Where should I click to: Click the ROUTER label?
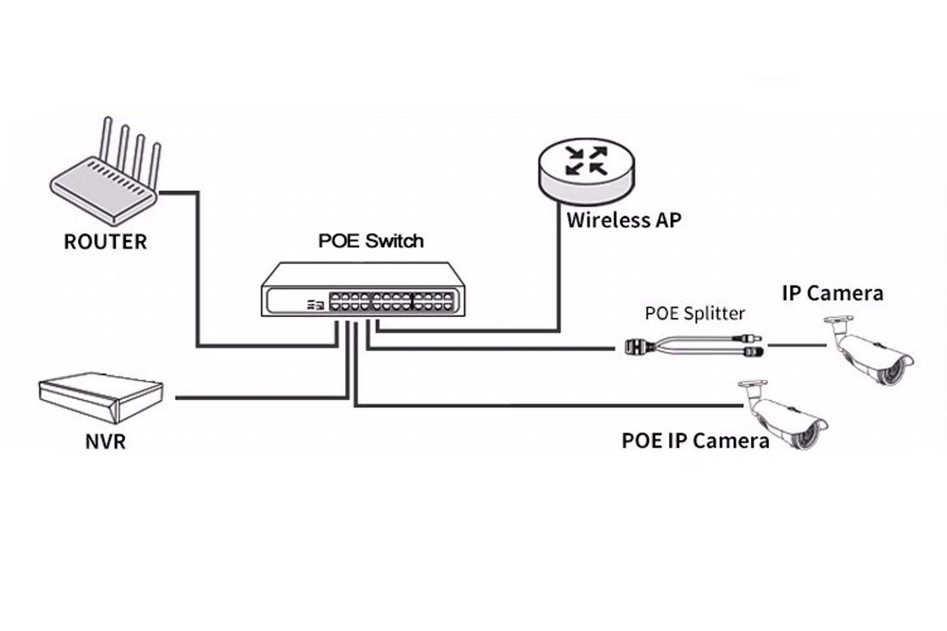pyautogui.click(x=105, y=242)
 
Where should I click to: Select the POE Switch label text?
pyautogui.click(x=371, y=241)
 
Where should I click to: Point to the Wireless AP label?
pyautogui.click(x=624, y=220)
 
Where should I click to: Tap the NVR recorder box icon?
pyautogui.click(x=101, y=395)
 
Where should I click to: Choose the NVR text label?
pyautogui.click(x=106, y=441)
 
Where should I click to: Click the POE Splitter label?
pyautogui.click(x=695, y=313)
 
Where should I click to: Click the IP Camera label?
pyautogui.click(x=832, y=293)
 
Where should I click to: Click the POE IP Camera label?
pyautogui.click(x=695, y=441)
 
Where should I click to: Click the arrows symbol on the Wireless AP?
pyautogui.click(x=586, y=160)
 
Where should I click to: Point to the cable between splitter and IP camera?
pyautogui.click(x=796, y=345)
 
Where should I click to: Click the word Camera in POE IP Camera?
pyautogui.click(x=731, y=441)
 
